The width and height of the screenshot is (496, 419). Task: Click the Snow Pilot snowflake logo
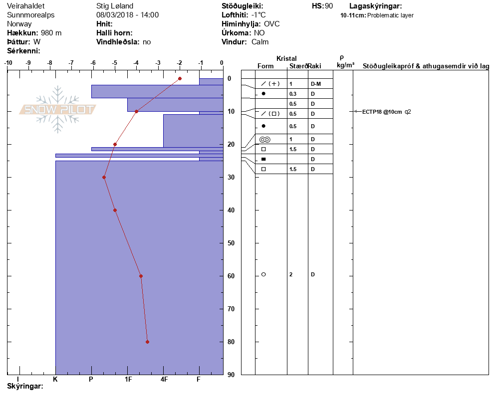point(57,109)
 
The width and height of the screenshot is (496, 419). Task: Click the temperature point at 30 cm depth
point(104,178)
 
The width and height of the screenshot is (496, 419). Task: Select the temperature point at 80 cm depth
point(147,342)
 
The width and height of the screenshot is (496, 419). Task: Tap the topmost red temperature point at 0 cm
point(180,78)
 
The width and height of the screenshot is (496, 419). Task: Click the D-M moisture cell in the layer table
point(316,84)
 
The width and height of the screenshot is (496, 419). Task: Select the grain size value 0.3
point(293,94)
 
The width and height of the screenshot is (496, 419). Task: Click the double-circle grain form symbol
point(265,140)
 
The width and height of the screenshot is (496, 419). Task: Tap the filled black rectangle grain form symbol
point(263,159)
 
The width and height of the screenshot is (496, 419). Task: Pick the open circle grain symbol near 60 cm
point(263,274)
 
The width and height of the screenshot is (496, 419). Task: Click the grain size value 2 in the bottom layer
point(291,274)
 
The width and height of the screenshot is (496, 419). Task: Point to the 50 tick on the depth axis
point(231,243)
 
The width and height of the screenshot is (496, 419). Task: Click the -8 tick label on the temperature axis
point(50,63)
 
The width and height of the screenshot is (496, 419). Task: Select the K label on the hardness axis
point(55,379)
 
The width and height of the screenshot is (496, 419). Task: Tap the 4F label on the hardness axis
point(164,379)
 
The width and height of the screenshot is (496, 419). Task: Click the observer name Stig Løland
point(115,6)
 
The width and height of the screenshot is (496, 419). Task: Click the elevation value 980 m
point(51,33)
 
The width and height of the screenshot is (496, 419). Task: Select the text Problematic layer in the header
point(390,15)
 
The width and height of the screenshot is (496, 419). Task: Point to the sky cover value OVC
point(272,24)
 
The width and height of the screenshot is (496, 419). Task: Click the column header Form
point(265,66)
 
